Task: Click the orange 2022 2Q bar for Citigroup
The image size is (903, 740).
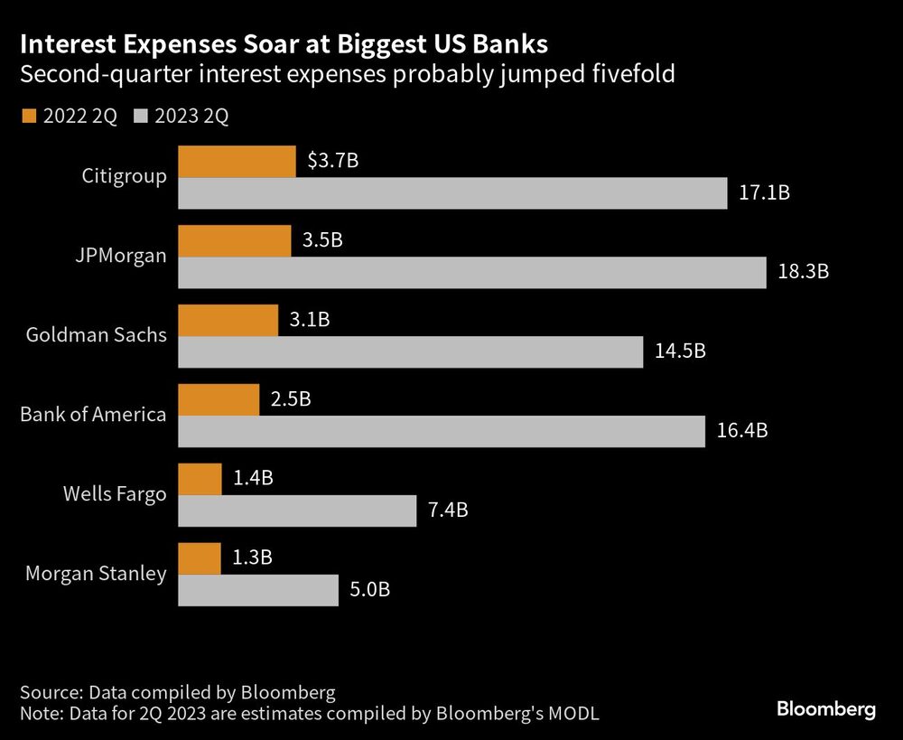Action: pos(237,162)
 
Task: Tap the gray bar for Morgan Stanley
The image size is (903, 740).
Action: pos(258,589)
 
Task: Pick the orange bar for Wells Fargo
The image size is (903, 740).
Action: pos(200,479)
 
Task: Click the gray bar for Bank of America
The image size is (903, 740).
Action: pos(442,431)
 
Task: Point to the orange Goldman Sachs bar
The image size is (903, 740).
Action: pos(228,320)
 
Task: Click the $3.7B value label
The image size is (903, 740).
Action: pos(332,162)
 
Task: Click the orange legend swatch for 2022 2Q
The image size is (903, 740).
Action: pos(27,117)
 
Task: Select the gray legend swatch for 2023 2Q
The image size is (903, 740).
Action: pos(140,117)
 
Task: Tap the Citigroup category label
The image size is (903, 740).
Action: pos(124,176)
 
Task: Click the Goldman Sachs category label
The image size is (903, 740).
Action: pos(97,335)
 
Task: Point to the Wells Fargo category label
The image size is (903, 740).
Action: pos(115,494)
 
